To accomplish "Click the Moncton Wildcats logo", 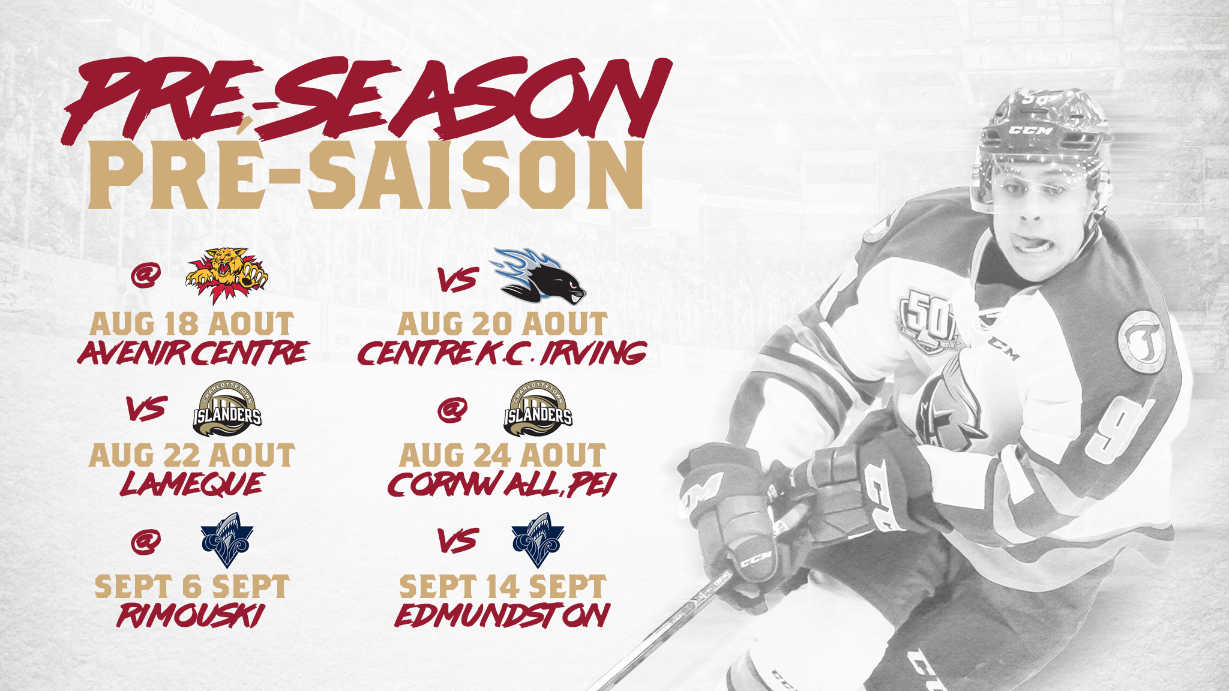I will [227, 275].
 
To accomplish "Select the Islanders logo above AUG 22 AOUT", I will [227, 409].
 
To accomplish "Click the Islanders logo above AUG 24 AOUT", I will [538, 409].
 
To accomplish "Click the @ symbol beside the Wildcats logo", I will [146, 276].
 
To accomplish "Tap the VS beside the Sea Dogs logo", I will [457, 280].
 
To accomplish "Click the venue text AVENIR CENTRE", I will [193, 353].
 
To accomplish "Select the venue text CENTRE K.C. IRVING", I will [502, 353].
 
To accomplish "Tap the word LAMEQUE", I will [192, 484].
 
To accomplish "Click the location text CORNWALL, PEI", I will [502, 484].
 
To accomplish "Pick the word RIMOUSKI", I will [191, 615].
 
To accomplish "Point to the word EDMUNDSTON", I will [502, 615].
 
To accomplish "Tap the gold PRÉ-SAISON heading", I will [366, 175].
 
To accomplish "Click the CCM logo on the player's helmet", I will [1030, 130].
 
